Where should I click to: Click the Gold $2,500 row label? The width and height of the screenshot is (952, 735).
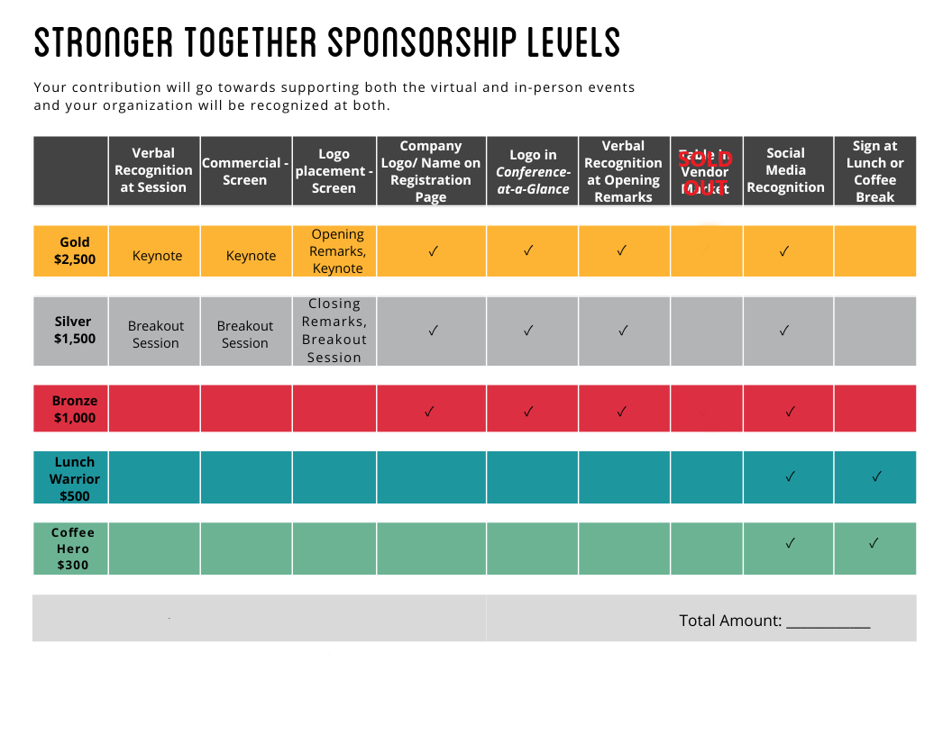pos(75,250)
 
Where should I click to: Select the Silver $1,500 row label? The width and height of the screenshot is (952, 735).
pos(73,330)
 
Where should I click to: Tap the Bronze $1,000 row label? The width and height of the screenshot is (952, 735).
pos(75,409)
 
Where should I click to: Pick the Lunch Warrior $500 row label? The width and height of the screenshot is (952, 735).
pos(75,478)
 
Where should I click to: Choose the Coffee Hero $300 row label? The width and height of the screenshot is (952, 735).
pos(73,549)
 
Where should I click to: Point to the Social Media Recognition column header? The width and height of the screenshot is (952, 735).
pos(785,170)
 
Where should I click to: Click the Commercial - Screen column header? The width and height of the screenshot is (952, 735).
pos(245,171)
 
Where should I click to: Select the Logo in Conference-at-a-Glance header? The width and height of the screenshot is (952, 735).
pos(533,171)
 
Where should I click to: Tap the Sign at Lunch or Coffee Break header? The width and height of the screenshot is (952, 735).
pos(874,171)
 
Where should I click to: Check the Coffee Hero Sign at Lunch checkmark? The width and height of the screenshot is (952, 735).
pos(874,543)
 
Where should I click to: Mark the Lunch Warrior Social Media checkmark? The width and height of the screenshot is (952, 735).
pos(790,476)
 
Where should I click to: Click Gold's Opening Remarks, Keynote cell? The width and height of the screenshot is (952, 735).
pos(337,251)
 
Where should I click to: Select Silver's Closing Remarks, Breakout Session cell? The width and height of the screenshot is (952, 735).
pos(334,331)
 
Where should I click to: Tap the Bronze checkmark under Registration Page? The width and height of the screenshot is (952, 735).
pos(429,412)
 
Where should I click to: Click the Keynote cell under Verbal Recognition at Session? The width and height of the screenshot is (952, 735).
pos(157,256)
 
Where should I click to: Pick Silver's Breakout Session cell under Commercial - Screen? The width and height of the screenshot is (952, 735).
pos(245,334)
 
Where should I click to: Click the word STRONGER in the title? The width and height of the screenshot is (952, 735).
pos(103,42)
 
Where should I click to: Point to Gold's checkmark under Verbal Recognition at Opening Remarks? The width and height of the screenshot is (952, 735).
pos(622,251)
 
